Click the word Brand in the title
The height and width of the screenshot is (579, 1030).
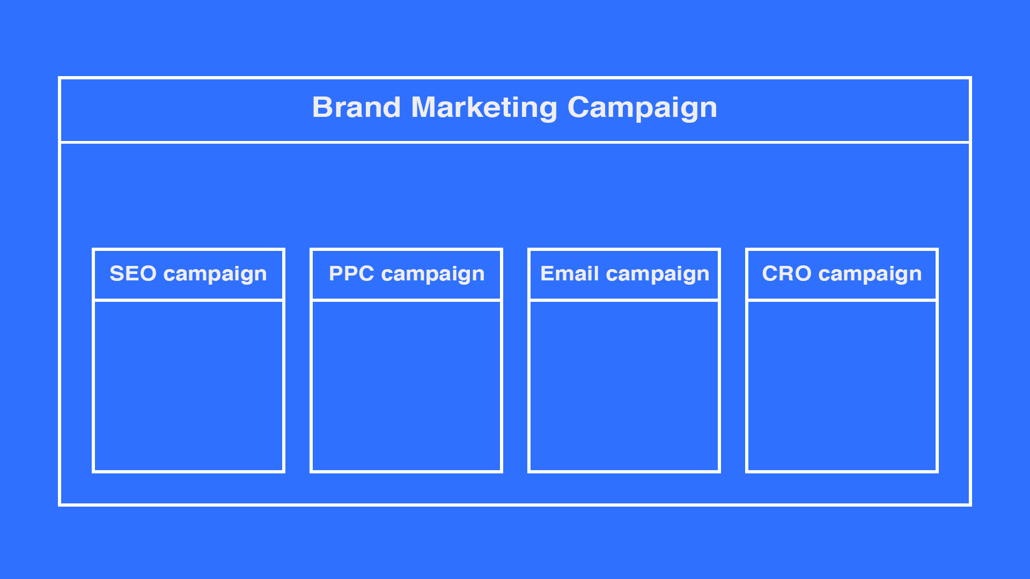tap(356, 107)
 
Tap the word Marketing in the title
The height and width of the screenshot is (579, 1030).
tap(484, 107)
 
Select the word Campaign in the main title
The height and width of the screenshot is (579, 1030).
tap(642, 107)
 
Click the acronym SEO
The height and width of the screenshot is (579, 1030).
tap(133, 273)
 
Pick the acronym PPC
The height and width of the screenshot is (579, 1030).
tap(351, 273)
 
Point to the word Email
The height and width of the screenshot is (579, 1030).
tap(569, 273)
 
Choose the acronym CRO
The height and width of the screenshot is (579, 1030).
tap(786, 273)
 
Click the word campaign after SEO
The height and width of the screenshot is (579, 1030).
tap(215, 274)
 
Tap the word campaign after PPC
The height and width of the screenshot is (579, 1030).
tap(433, 274)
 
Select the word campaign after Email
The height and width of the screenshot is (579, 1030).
tap(658, 274)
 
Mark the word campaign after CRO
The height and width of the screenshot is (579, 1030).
tap(870, 274)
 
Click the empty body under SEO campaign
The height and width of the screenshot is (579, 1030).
tap(188, 386)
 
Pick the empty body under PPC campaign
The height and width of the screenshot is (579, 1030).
tap(406, 386)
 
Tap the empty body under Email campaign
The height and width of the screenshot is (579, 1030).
tap(624, 386)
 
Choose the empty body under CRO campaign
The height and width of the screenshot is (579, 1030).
tap(842, 386)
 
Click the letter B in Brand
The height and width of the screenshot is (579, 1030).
tap(322, 107)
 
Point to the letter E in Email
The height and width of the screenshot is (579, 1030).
tap(547, 273)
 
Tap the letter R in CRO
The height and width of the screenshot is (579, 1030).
tap(786, 273)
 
